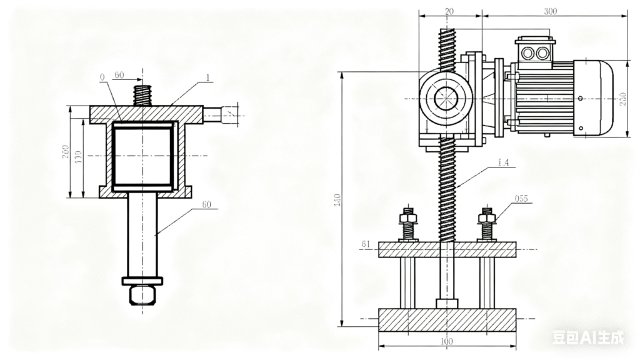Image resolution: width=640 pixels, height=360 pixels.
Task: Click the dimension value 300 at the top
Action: (x=551, y=11)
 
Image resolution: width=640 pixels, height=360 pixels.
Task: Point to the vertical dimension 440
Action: (x=337, y=200)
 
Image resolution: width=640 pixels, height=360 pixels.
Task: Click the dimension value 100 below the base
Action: (x=446, y=342)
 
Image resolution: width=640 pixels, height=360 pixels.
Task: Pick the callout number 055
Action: (x=521, y=199)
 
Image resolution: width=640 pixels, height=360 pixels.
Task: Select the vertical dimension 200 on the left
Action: (x=66, y=152)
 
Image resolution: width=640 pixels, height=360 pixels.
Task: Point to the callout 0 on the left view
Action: (x=102, y=77)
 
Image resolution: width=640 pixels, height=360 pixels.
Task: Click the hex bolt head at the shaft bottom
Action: (x=142, y=295)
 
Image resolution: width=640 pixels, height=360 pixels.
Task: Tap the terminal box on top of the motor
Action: (x=534, y=51)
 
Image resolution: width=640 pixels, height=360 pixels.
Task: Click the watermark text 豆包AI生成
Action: (x=587, y=338)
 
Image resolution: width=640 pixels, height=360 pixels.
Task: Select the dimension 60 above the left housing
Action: (x=118, y=75)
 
